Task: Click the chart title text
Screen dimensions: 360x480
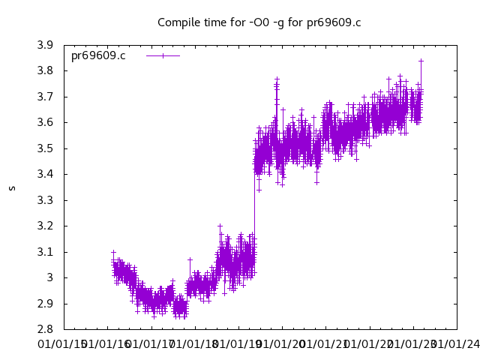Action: pyautogui.click(x=259, y=22)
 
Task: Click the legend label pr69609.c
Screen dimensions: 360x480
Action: pyautogui.click(x=98, y=56)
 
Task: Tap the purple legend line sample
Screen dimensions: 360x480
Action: pyautogui.click(x=163, y=56)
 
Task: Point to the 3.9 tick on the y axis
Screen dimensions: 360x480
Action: pyautogui.click(x=45, y=45)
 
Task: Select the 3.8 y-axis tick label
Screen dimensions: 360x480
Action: pyautogui.click(x=45, y=71)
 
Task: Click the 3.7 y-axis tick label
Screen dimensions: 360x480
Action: pyautogui.click(x=45, y=97)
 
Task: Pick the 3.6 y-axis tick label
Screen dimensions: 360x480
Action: pyautogui.click(x=45, y=123)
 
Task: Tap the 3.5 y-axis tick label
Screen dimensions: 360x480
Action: pyautogui.click(x=45, y=148)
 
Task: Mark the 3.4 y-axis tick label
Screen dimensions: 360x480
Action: pyautogui.click(x=45, y=175)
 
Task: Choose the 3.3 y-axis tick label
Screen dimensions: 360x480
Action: pyautogui.click(x=45, y=200)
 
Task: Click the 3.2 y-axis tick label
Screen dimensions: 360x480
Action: pyautogui.click(x=45, y=226)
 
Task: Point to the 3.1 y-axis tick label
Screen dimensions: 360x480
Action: pyautogui.click(x=45, y=252)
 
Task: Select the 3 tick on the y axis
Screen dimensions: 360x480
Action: pyautogui.click(x=49, y=278)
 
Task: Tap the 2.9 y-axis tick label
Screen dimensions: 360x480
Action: pyautogui.click(x=45, y=304)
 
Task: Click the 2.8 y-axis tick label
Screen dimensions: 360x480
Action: pyautogui.click(x=45, y=330)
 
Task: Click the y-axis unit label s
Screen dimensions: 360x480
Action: pyautogui.click(x=12, y=187)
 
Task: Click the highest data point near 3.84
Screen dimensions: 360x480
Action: pyautogui.click(x=421, y=61)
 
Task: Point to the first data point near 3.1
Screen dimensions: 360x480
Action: pyautogui.click(x=113, y=252)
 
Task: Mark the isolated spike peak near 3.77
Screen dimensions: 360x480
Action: pyautogui.click(x=277, y=79)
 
